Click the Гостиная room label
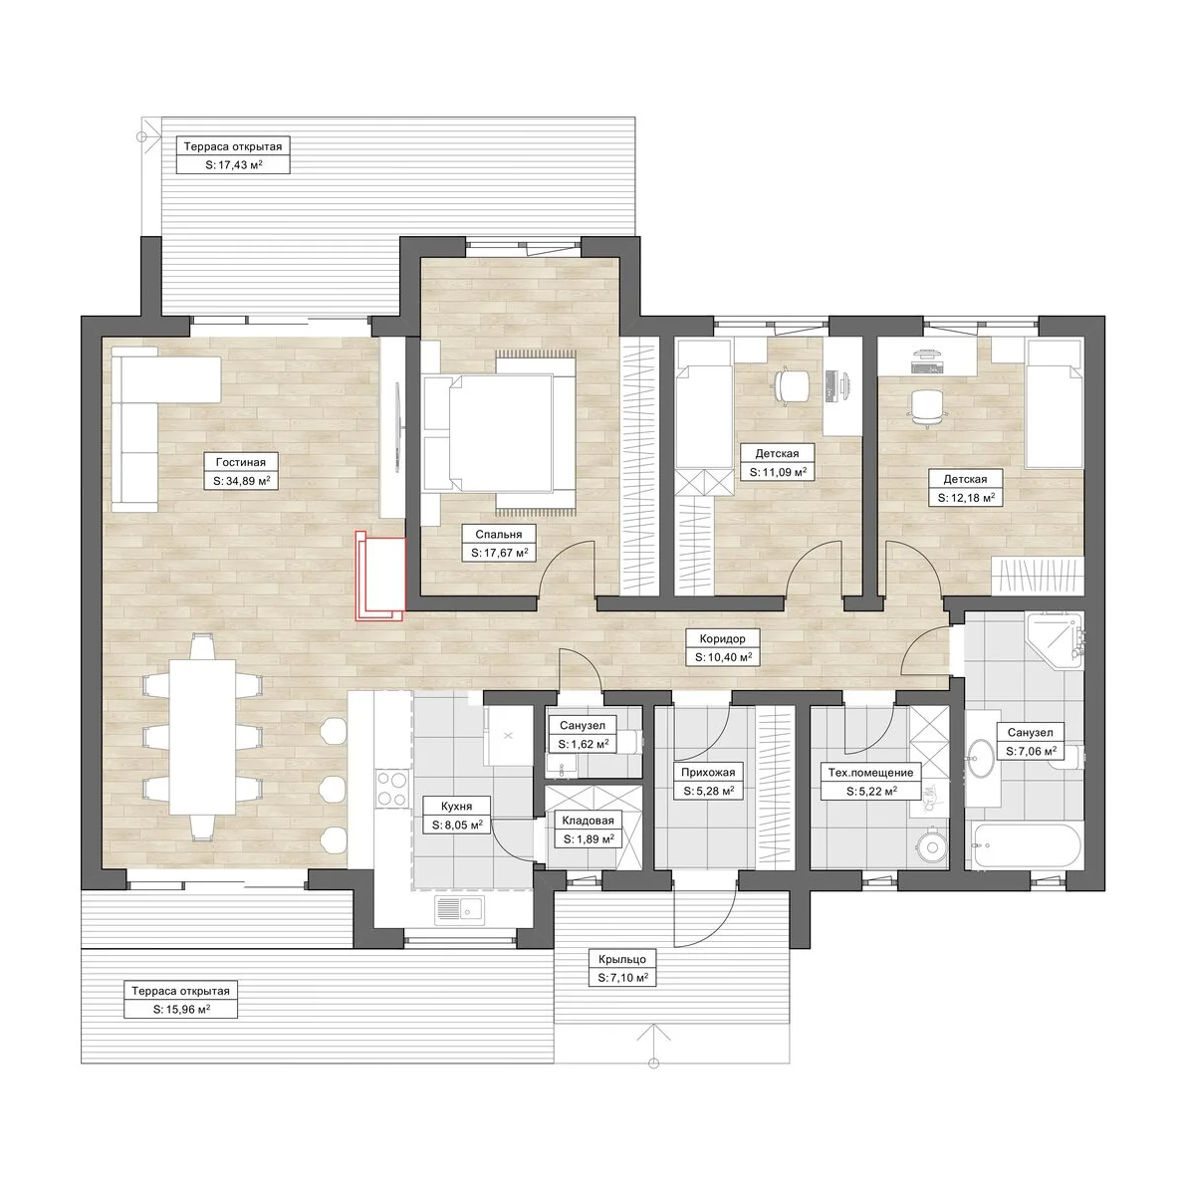click(241, 462)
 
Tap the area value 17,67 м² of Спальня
click(499, 553)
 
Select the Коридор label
click(722, 638)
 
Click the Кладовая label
click(588, 820)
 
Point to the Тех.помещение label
click(870, 773)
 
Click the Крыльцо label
click(622, 959)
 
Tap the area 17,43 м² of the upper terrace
click(234, 164)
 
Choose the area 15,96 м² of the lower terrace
click(181, 1009)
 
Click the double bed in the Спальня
click(499, 433)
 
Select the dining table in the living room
click(202, 738)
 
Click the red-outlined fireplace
click(380, 575)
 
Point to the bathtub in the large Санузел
click(1027, 846)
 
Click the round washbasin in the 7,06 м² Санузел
click(982, 757)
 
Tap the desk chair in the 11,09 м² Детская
click(791, 385)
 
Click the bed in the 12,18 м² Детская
click(1053, 404)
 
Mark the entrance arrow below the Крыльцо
click(654, 1044)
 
